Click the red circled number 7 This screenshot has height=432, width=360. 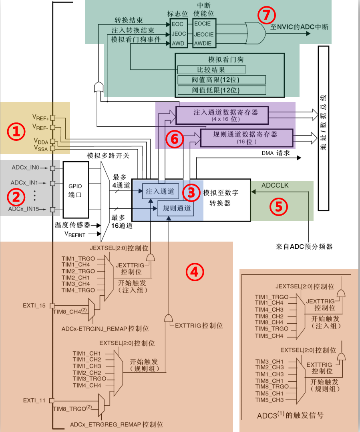click(x=267, y=16)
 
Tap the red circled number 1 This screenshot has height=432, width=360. click(x=16, y=132)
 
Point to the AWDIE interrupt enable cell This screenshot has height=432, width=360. click(x=204, y=43)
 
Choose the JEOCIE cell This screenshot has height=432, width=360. click(x=204, y=34)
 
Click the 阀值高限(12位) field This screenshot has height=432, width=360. click(x=221, y=80)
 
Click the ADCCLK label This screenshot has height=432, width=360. click(x=275, y=186)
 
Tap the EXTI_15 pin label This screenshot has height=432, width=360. click(x=34, y=306)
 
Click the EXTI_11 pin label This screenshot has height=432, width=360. click(x=34, y=400)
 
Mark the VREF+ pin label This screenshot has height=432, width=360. click(x=40, y=117)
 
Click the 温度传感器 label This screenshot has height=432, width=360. click(x=72, y=225)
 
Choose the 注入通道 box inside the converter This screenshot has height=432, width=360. click(x=160, y=192)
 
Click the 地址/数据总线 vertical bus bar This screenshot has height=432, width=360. click(x=323, y=128)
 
